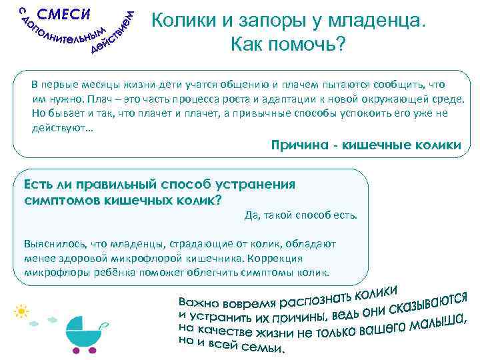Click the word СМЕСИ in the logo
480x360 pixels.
point(64,15)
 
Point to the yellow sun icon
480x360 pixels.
point(22,311)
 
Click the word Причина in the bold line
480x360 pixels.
point(303,145)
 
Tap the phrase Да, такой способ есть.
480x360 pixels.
point(301,215)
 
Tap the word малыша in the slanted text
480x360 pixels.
point(437,322)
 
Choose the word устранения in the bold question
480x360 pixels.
point(253,185)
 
